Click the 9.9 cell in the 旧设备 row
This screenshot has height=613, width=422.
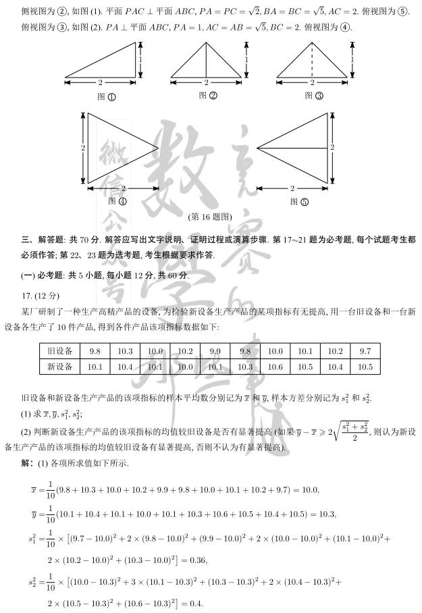(x=215, y=351)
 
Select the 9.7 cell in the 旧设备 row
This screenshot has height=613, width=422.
(x=365, y=351)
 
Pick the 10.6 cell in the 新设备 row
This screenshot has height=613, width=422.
(x=275, y=367)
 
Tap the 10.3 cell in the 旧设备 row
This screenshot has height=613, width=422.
(x=125, y=351)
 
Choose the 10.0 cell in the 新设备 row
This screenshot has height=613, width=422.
(x=185, y=367)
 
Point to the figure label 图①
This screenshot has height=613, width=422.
(x=106, y=97)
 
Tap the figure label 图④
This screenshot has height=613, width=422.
(x=117, y=201)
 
